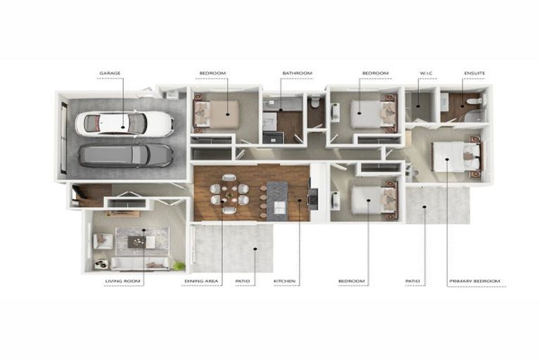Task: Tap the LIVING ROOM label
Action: pyautogui.click(x=123, y=281)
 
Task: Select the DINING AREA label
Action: pyautogui.click(x=202, y=281)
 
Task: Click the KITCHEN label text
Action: pyautogui.click(x=284, y=281)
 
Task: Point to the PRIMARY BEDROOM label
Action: pyautogui.click(x=475, y=281)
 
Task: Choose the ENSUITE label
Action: pyautogui.click(x=474, y=73)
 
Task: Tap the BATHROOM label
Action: pyautogui.click(x=297, y=73)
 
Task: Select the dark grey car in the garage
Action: pyautogui.click(x=126, y=155)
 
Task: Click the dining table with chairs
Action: pyautogui.click(x=229, y=193)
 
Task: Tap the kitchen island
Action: pyautogui.click(x=277, y=200)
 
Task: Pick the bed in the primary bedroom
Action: pyautogui.click(x=456, y=156)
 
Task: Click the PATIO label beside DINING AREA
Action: pyautogui.click(x=243, y=281)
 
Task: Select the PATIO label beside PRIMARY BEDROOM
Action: pyautogui.click(x=413, y=281)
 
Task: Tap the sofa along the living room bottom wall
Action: pyautogui.click(x=140, y=263)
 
